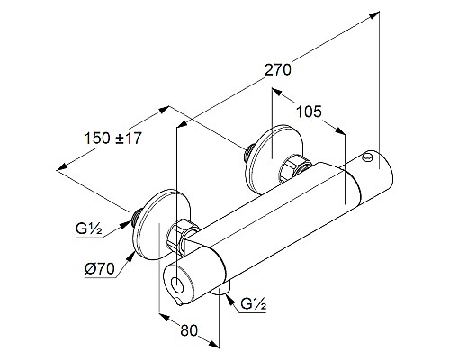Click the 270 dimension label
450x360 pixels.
point(278,69)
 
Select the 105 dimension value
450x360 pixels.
point(309,112)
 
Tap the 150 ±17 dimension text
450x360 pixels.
point(112,139)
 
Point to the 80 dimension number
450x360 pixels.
point(189,330)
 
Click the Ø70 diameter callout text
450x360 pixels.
point(100,268)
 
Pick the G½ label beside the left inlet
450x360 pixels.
point(89,229)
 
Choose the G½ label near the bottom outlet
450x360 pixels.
point(254,304)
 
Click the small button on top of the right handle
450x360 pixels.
point(367,157)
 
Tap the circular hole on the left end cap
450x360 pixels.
point(177,285)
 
